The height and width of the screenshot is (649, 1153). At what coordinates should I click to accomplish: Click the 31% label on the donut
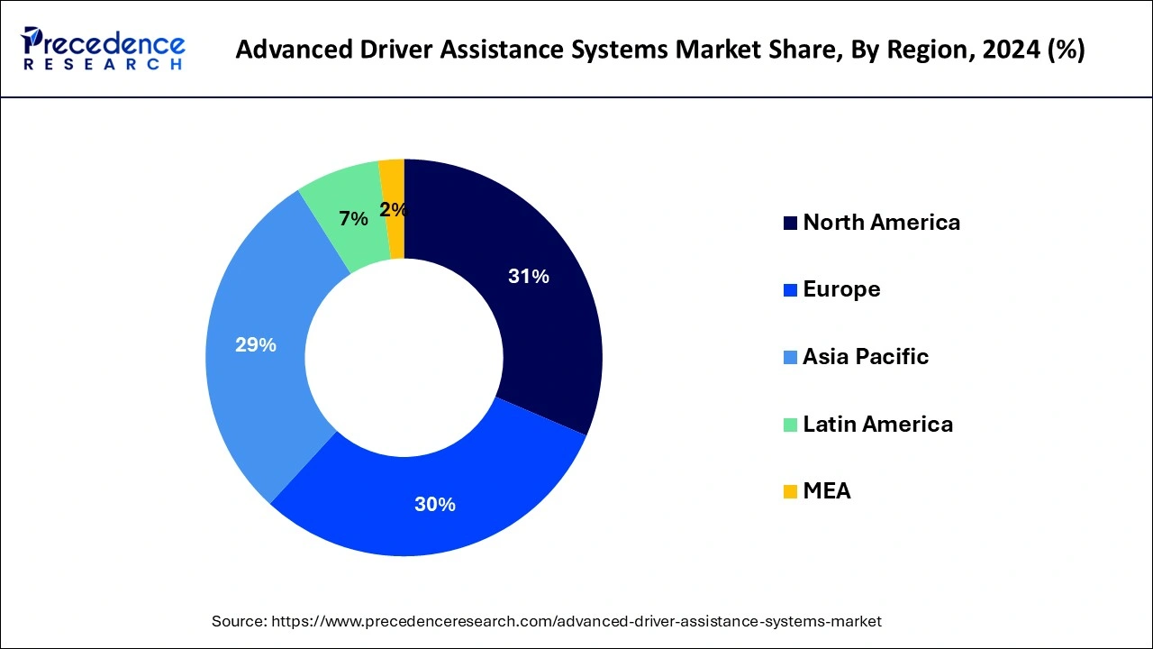pyautogui.click(x=528, y=277)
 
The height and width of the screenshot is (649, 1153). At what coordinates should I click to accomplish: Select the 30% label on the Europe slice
pyautogui.click(x=434, y=505)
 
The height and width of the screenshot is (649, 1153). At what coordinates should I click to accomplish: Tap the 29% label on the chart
pyautogui.click(x=256, y=345)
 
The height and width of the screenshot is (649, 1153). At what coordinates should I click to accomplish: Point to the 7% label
pyautogui.click(x=353, y=219)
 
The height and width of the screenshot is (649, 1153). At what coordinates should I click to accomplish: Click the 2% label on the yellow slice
pyautogui.click(x=393, y=210)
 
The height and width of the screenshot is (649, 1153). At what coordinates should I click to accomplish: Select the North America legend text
pyautogui.click(x=881, y=223)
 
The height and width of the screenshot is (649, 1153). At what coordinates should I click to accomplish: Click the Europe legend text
pyautogui.click(x=841, y=289)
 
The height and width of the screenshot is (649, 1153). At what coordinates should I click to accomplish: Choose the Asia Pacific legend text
pyautogui.click(x=865, y=357)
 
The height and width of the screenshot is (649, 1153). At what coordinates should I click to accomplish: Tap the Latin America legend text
pyautogui.click(x=877, y=424)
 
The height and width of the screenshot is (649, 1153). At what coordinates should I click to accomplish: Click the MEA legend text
pyautogui.click(x=826, y=491)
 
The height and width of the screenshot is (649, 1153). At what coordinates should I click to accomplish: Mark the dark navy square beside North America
pyautogui.click(x=790, y=224)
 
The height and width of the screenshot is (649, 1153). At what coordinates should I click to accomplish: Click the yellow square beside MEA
pyautogui.click(x=790, y=492)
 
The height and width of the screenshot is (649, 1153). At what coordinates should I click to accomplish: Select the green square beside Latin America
pyautogui.click(x=790, y=425)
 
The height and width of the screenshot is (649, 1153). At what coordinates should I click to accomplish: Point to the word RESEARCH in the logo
pyautogui.click(x=104, y=65)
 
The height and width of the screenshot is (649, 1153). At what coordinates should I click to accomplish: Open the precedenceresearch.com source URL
pyautogui.click(x=576, y=621)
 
